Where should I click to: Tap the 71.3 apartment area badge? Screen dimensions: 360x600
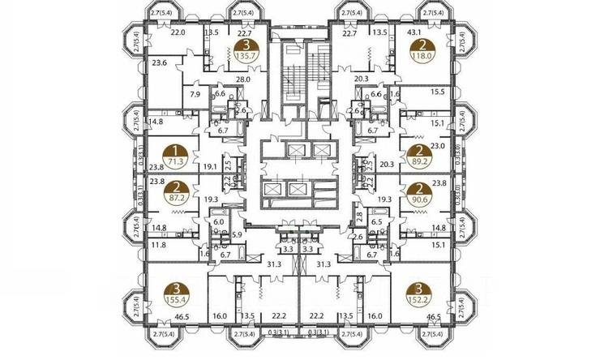tap(174, 162)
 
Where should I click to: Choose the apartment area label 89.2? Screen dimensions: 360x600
tap(418, 162)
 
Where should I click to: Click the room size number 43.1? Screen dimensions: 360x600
tap(414, 32)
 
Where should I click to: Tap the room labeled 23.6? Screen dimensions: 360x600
tap(160, 62)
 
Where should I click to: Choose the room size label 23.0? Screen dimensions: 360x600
tap(439, 147)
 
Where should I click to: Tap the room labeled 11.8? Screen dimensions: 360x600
tap(159, 244)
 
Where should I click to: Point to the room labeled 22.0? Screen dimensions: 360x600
tap(178, 32)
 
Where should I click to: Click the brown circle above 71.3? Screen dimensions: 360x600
tap(174, 150)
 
